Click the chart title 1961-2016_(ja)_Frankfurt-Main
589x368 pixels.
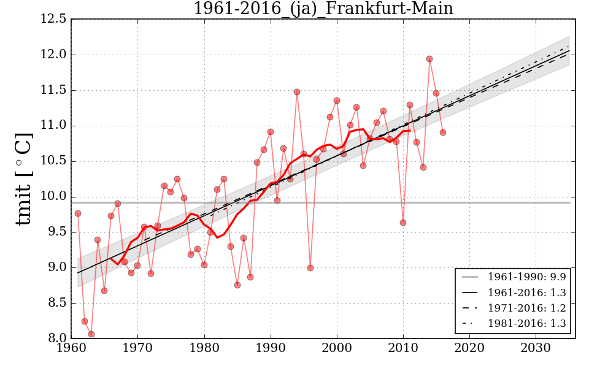[323, 9]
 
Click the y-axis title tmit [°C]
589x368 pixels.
[23, 178]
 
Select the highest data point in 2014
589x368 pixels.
[429, 59]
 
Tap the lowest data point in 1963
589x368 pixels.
[91, 334]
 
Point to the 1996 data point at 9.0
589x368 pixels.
[310, 268]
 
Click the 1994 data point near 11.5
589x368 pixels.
[297, 92]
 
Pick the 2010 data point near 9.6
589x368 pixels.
[403, 223]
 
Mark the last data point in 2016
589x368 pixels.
[443, 132]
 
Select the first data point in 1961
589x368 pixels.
[78, 213]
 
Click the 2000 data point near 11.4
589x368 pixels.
[337, 101]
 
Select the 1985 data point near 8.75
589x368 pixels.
[237, 285]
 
